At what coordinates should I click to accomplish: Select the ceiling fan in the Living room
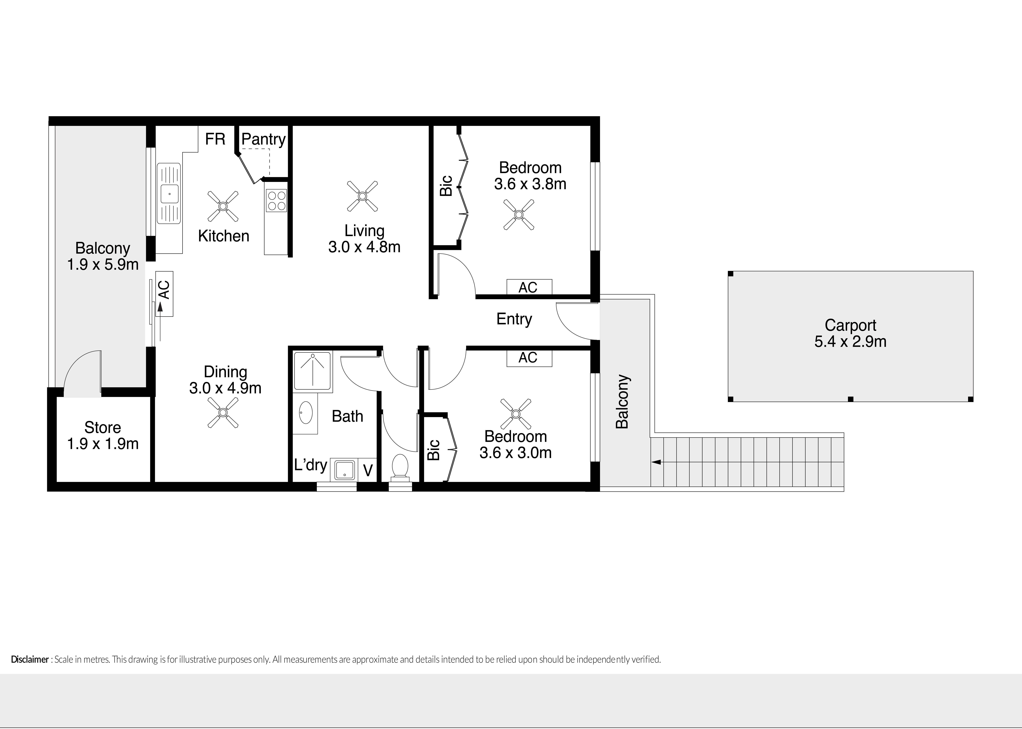click(362, 196)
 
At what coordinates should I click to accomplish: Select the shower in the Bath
click(313, 371)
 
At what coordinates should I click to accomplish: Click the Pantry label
click(263, 140)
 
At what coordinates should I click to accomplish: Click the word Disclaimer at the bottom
click(30, 659)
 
